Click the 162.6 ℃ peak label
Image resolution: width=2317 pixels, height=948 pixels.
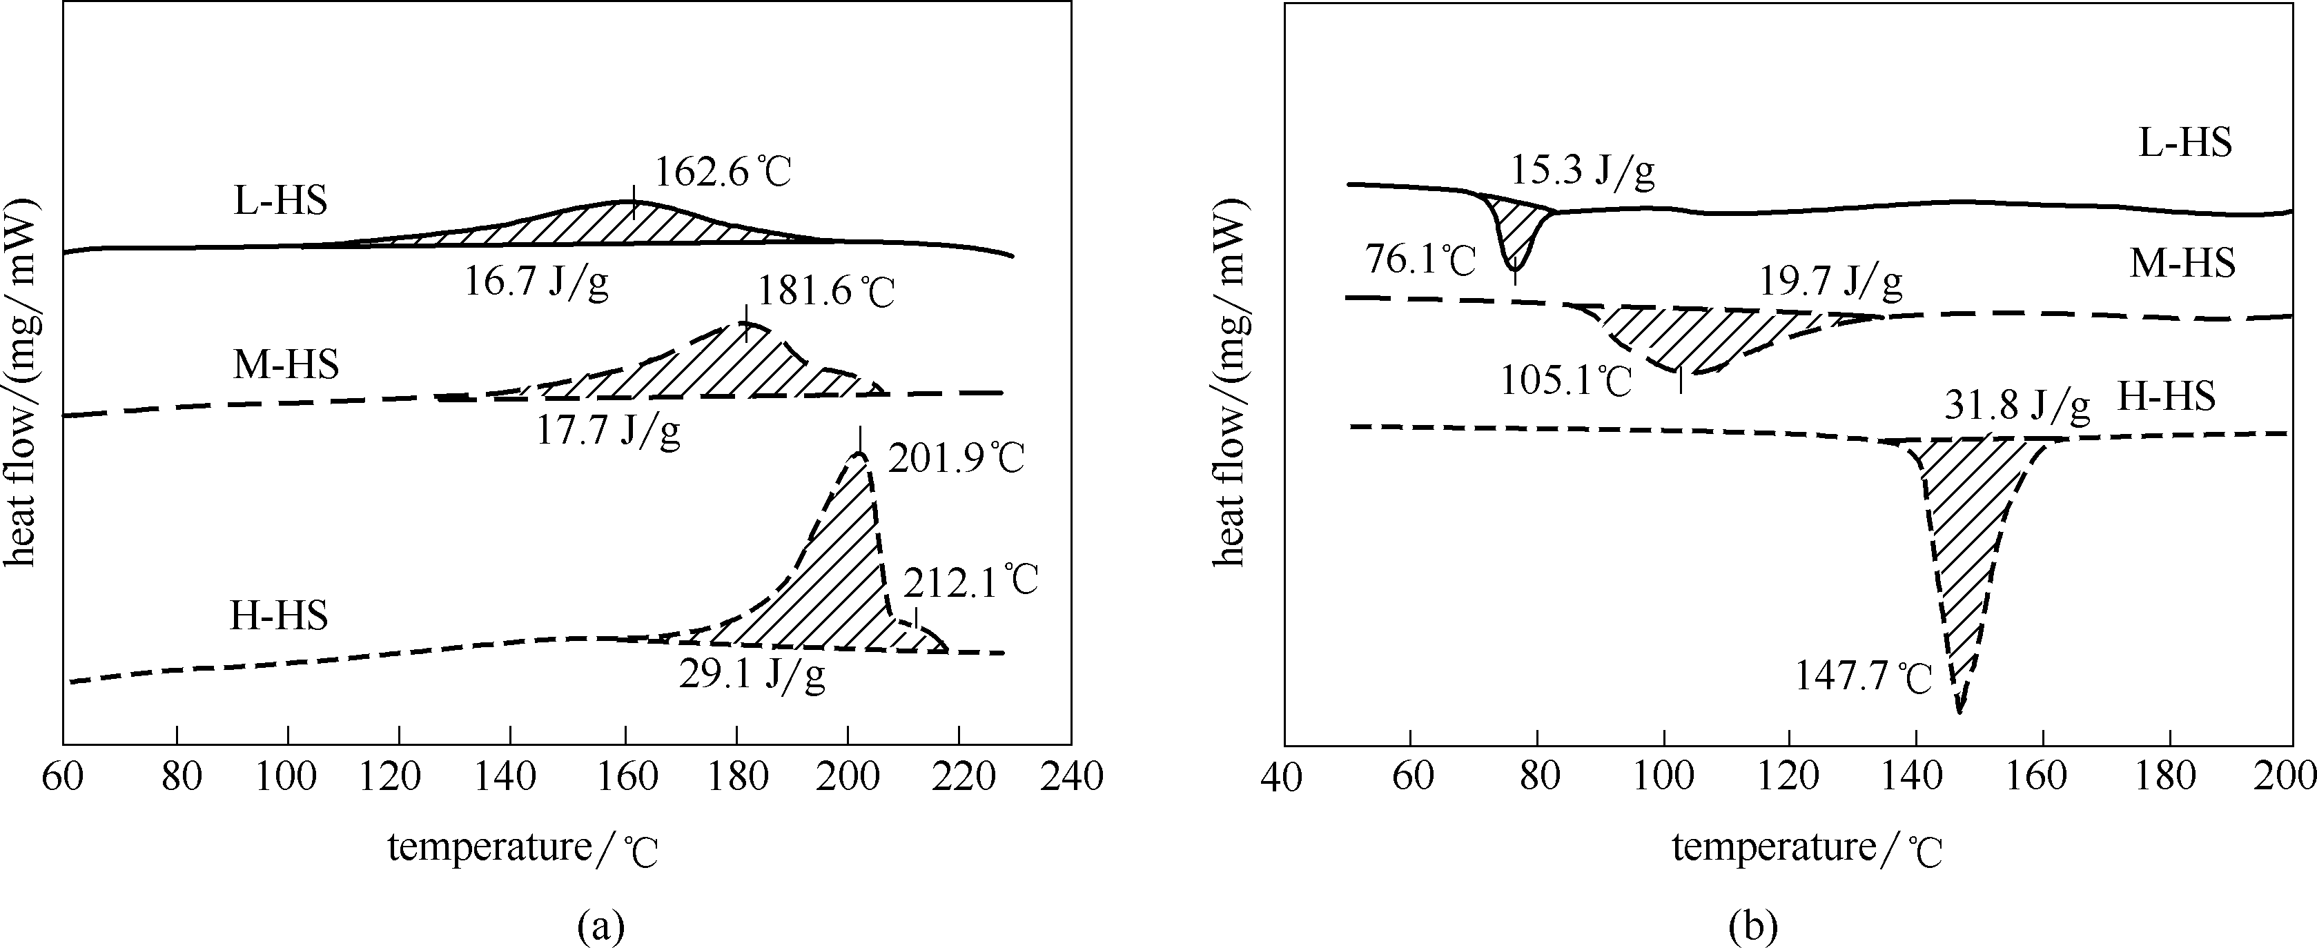(722, 171)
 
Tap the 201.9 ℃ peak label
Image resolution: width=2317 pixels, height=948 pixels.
(956, 459)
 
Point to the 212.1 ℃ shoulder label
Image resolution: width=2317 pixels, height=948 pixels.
(970, 581)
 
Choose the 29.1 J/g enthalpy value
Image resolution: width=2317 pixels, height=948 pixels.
(752, 675)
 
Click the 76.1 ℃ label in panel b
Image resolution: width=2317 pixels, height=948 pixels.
(1421, 261)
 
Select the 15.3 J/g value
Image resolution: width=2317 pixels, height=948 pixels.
(1582, 171)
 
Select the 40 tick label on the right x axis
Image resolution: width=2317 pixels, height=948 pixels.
(1282, 777)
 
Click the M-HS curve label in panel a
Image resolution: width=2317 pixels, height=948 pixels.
(286, 365)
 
